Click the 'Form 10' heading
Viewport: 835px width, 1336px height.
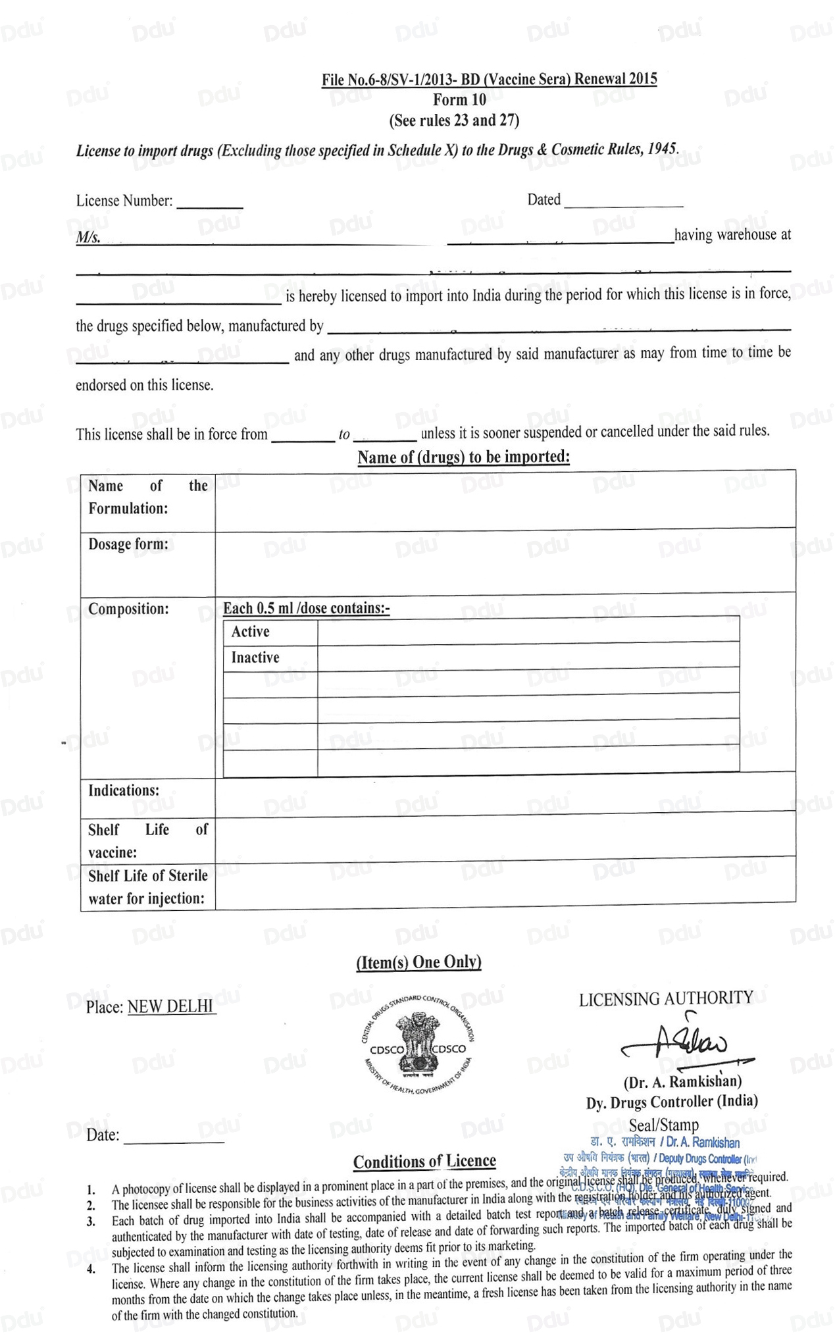point(459,100)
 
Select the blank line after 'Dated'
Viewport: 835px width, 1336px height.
point(623,203)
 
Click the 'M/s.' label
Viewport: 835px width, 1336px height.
point(88,238)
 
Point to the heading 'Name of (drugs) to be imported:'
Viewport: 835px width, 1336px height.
point(463,457)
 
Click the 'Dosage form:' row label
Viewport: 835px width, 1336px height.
point(128,544)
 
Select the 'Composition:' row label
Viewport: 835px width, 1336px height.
point(128,609)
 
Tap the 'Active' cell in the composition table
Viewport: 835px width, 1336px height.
point(251,632)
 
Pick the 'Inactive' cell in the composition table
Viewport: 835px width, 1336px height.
point(255,657)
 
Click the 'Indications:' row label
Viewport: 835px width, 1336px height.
point(124,790)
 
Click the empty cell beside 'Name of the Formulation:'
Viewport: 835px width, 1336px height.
point(505,500)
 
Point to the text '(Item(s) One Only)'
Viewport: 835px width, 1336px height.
point(418,962)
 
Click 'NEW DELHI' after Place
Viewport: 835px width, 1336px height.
point(171,1006)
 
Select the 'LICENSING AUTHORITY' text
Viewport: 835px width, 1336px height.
point(665,998)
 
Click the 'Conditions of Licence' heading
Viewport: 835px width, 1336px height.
point(424,1162)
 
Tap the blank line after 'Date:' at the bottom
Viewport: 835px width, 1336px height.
point(174,1138)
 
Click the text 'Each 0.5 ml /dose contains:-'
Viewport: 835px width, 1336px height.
point(306,608)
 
